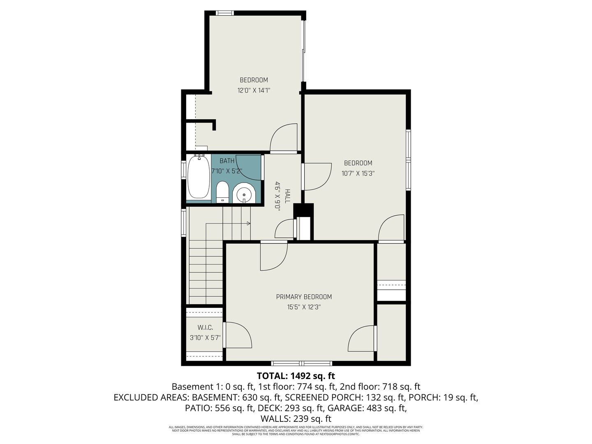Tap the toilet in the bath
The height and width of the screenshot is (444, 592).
[222, 192]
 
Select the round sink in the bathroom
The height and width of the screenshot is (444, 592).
[244, 194]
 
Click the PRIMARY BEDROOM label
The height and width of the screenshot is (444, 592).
[304, 297]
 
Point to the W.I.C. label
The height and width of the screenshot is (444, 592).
[205, 327]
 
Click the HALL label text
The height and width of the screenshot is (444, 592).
[287, 196]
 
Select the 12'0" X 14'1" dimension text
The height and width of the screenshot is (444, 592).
[254, 90]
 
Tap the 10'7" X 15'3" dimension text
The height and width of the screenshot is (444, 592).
[358, 173]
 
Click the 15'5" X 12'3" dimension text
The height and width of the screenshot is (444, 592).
[304, 307]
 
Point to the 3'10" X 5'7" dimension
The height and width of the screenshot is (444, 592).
[205, 338]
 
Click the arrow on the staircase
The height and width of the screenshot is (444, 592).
[248, 224]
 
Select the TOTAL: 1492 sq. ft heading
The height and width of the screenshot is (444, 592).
[296, 376]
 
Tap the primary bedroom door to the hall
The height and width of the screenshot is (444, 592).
[273, 256]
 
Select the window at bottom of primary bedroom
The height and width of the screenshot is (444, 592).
[302, 363]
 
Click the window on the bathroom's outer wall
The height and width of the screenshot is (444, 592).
[184, 170]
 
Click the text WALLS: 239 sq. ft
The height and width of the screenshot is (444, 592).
[296, 419]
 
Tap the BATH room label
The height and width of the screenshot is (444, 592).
[227, 161]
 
